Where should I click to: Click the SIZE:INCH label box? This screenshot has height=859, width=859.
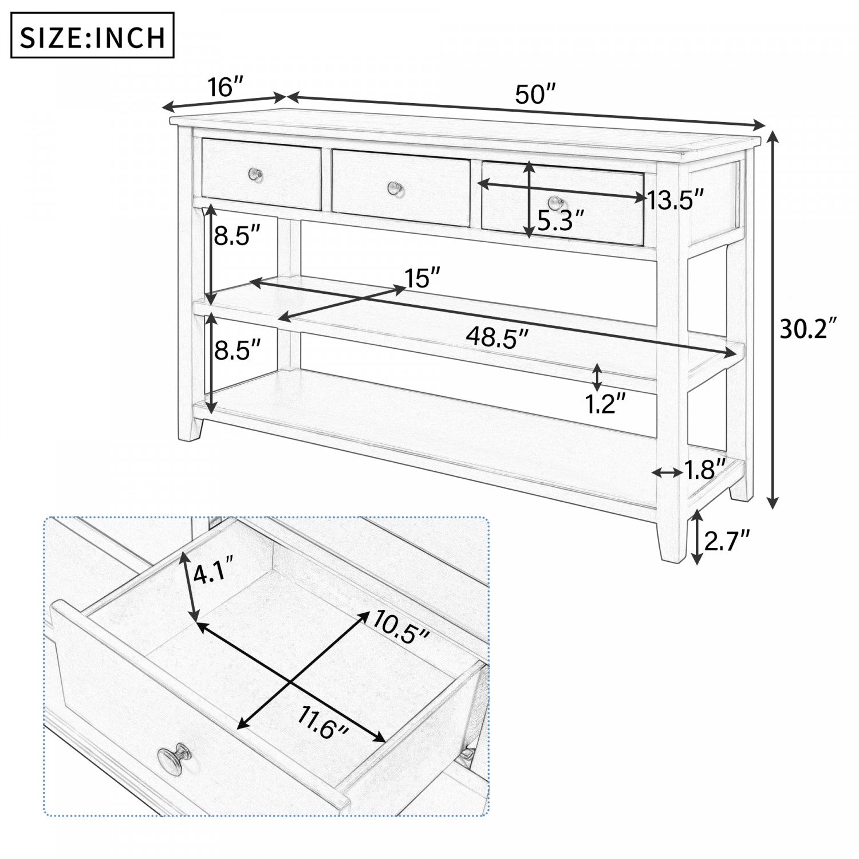(93, 36)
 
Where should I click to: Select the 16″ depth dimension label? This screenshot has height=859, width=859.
(226, 88)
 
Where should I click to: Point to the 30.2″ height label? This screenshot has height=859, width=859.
(809, 329)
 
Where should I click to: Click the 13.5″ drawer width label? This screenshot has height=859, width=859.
(675, 200)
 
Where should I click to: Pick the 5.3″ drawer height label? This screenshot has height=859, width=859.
(561, 220)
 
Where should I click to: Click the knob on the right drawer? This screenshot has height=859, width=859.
(554, 202)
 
